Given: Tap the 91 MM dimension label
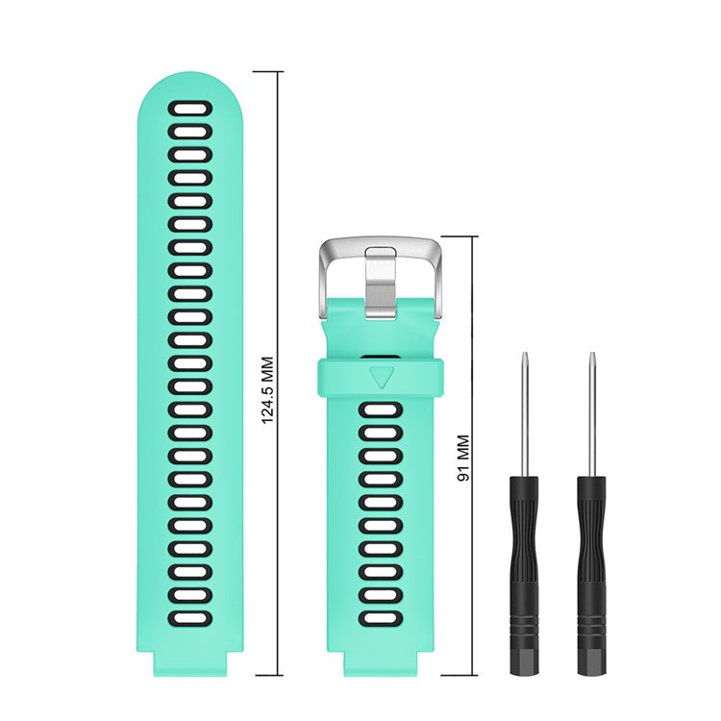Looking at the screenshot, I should tap(462, 458).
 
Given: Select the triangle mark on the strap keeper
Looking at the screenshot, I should tap(382, 373).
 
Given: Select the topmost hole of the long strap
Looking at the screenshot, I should tap(189, 109).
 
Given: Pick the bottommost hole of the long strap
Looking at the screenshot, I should tap(189, 616).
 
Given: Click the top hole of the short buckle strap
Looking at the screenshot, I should tap(381, 410).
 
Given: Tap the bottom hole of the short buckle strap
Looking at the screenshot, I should tap(381, 616).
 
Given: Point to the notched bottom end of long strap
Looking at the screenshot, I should tap(189, 663).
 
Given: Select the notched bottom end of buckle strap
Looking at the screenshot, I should tap(381, 663).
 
